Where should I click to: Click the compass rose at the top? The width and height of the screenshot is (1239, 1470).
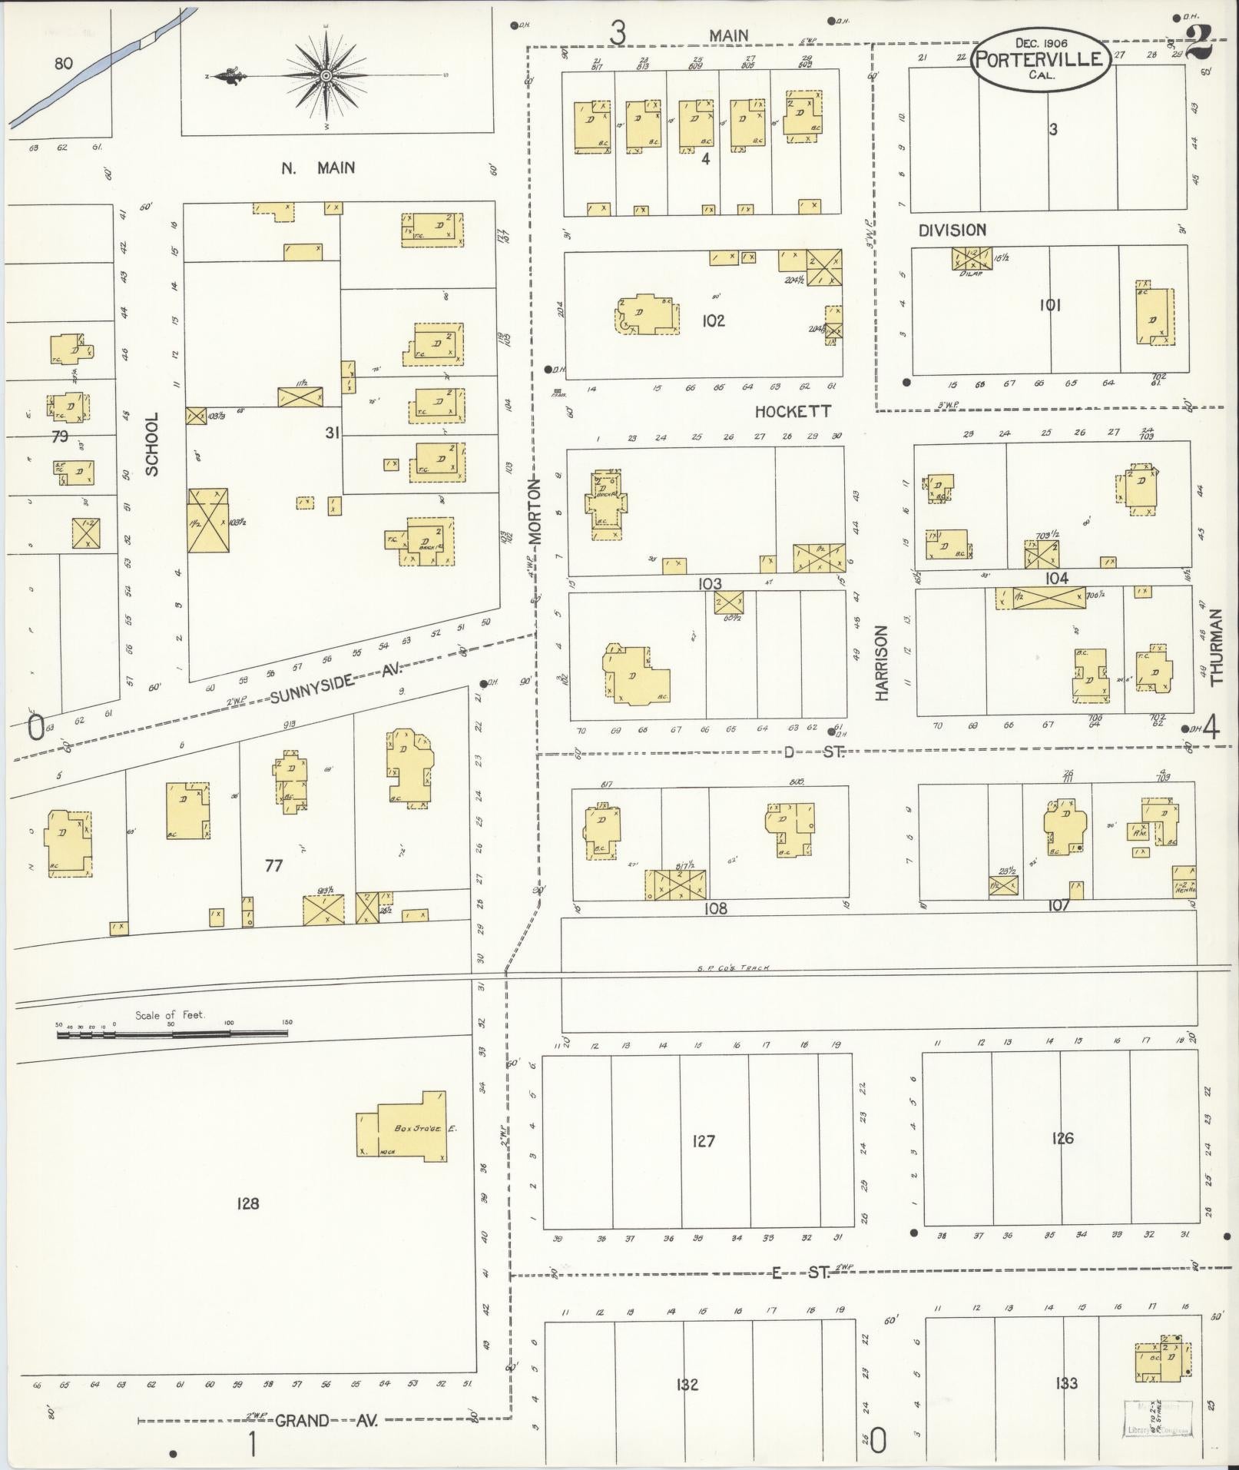[326, 75]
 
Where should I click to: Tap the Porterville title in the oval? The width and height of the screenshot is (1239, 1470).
[1041, 60]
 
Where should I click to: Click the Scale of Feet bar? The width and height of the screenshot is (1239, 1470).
[173, 1034]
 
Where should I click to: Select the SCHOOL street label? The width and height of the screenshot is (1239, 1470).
[152, 444]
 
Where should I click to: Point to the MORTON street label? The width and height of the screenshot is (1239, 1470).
[535, 512]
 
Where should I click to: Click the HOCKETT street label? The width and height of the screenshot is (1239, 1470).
[792, 412]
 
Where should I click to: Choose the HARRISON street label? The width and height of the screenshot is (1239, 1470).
[881, 662]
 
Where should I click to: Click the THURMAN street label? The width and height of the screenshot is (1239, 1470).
[1215, 646]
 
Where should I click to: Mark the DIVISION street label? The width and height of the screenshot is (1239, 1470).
[952, 230]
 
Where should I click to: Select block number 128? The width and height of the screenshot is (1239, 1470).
[248, 1203]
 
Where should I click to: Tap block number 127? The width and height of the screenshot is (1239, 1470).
[703, 1140]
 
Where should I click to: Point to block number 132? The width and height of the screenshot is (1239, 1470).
[687, 1383]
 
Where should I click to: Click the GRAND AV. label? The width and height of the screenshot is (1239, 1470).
[326, 1421]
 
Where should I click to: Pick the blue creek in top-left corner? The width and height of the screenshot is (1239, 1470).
[100, 68]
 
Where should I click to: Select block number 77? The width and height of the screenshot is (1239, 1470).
[273, 865]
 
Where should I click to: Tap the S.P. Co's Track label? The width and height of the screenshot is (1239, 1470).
[733, 967]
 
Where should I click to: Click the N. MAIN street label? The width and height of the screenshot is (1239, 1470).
[317, 168]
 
